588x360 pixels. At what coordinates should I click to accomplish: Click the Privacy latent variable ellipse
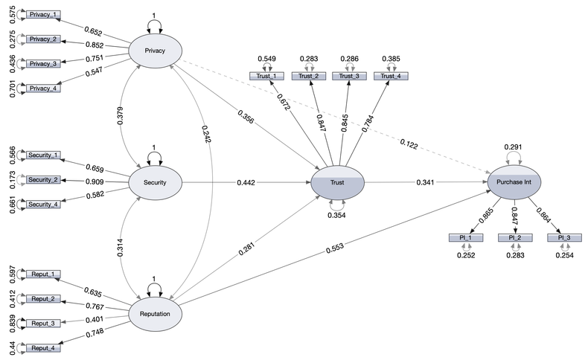pyautogui.click(x=156, y=51)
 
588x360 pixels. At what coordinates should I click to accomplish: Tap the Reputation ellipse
pyautogui.click(x=156, y=313)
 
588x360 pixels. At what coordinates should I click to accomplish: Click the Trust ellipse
pyautogui.click(x=336, y=181)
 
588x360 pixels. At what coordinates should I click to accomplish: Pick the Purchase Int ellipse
pyautogui.click(x=513, y=181)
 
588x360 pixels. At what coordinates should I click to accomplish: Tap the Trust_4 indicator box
pyautogui.click(x=392, y=76)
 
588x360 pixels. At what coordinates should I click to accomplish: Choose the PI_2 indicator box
pyautogui.click(x=513, y=238)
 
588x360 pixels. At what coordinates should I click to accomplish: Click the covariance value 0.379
pyautogui.click(x=121, y=116)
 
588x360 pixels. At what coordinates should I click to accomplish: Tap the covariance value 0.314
pyautogui.click(x=121, y=247)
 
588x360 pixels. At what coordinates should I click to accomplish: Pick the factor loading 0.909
pyautogui.click(x=94, y=180)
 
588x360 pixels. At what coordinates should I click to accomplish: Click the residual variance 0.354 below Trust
pyautogui.click(x=336, y=215)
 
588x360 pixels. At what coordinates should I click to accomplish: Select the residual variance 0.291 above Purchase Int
pyautogui.click(x=513, y=147)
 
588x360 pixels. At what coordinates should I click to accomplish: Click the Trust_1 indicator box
pyautogui.click(x=266, y=76)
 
